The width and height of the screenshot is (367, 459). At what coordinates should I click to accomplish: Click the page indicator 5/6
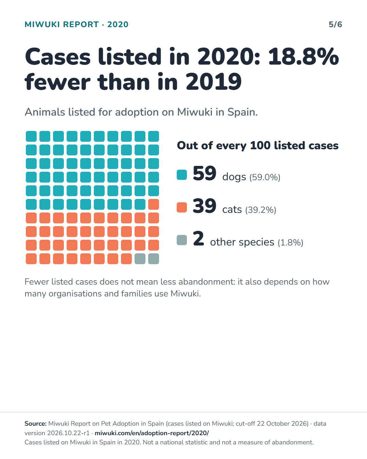coord(335,24)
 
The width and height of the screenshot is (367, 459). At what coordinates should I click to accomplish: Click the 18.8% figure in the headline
coord(303,56)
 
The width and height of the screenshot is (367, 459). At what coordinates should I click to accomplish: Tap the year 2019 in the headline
coord(214,82)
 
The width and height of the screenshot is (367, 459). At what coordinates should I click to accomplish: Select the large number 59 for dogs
coord(205,173)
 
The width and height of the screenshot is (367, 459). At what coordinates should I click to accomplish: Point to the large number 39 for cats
coord(205,206)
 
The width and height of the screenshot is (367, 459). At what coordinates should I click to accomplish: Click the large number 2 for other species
coord(198,238)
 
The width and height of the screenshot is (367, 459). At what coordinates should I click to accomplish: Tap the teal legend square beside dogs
coord(182,175)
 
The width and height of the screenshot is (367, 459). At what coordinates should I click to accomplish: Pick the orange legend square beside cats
coord(182,207)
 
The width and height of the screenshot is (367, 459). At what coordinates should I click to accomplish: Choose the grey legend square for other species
coord(182,240)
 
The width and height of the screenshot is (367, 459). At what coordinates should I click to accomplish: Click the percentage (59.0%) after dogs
coord(265,177)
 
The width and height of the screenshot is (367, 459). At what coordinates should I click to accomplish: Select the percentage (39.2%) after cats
coord(261,210)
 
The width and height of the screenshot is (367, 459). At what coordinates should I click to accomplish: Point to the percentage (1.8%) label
coord(291,242)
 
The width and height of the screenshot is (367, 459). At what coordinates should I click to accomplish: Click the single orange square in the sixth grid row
coord(154,204)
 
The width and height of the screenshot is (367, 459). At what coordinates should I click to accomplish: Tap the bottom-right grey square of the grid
coord(154,259)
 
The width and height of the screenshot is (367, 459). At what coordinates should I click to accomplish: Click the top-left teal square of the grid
coord(31,136)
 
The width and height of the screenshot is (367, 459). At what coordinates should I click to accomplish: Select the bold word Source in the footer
coord(35,424)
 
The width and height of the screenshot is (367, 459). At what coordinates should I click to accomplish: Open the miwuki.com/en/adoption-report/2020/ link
coord(152,433)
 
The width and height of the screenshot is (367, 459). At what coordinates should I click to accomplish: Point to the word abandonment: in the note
coord(207,282)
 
